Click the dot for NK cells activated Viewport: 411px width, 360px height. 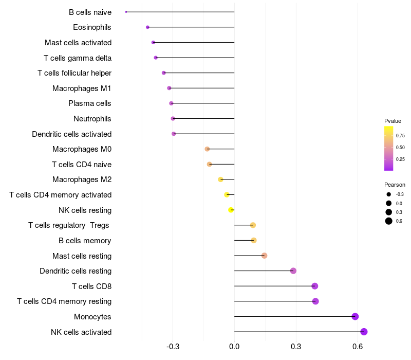364,332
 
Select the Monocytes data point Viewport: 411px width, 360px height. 355,316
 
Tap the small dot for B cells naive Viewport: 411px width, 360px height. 126,12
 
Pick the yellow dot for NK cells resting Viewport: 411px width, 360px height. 231,210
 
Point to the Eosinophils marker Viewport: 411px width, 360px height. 147,27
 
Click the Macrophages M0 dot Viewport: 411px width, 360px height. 207,149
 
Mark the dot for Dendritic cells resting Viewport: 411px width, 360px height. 293,271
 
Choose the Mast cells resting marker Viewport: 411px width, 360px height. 264,256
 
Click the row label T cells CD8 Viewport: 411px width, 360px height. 92,286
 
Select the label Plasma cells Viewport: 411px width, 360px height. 89,103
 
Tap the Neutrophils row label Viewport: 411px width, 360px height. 92,119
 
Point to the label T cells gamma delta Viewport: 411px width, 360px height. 78,58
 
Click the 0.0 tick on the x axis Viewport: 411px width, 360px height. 234,347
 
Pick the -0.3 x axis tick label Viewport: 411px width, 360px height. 173,347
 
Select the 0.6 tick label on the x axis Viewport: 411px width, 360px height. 358,347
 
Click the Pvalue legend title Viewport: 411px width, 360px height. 393,121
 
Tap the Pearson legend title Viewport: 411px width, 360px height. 395,185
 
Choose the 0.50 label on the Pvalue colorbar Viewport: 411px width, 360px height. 400,148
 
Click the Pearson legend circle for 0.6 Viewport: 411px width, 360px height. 389,221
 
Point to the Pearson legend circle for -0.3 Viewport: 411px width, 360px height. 389,194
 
